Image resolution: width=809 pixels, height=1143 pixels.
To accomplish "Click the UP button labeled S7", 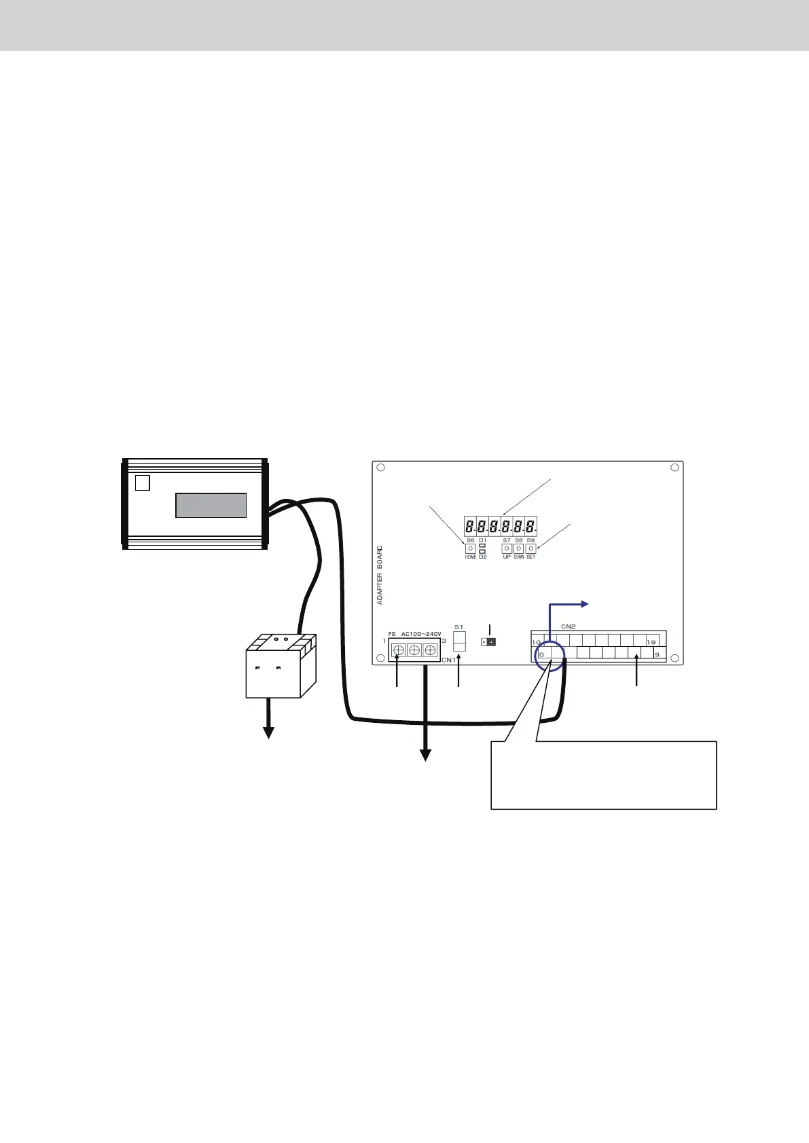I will (507, 548).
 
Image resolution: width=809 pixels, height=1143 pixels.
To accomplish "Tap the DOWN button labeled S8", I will (519, 548).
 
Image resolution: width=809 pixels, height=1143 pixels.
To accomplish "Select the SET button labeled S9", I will (531, 548).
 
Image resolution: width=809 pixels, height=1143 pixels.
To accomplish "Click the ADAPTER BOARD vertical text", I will (380, 574).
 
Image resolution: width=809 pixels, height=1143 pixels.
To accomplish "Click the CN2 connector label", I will (568, 626).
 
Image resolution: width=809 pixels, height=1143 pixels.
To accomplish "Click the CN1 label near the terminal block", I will (448, 660).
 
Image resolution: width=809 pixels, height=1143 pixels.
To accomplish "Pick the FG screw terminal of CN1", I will (399, 650).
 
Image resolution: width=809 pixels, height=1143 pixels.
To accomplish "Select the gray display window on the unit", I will (211, 506).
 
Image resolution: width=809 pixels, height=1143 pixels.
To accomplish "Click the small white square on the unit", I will (142, 483).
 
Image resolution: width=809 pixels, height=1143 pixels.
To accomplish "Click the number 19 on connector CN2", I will (651, 642).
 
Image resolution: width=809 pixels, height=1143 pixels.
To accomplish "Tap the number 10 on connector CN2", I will (536, 642).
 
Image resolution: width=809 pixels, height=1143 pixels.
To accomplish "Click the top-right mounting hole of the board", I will (675, 468).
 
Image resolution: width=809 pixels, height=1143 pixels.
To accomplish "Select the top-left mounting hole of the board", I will (381, 468).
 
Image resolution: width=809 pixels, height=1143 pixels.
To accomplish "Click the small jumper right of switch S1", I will (488, 641).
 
